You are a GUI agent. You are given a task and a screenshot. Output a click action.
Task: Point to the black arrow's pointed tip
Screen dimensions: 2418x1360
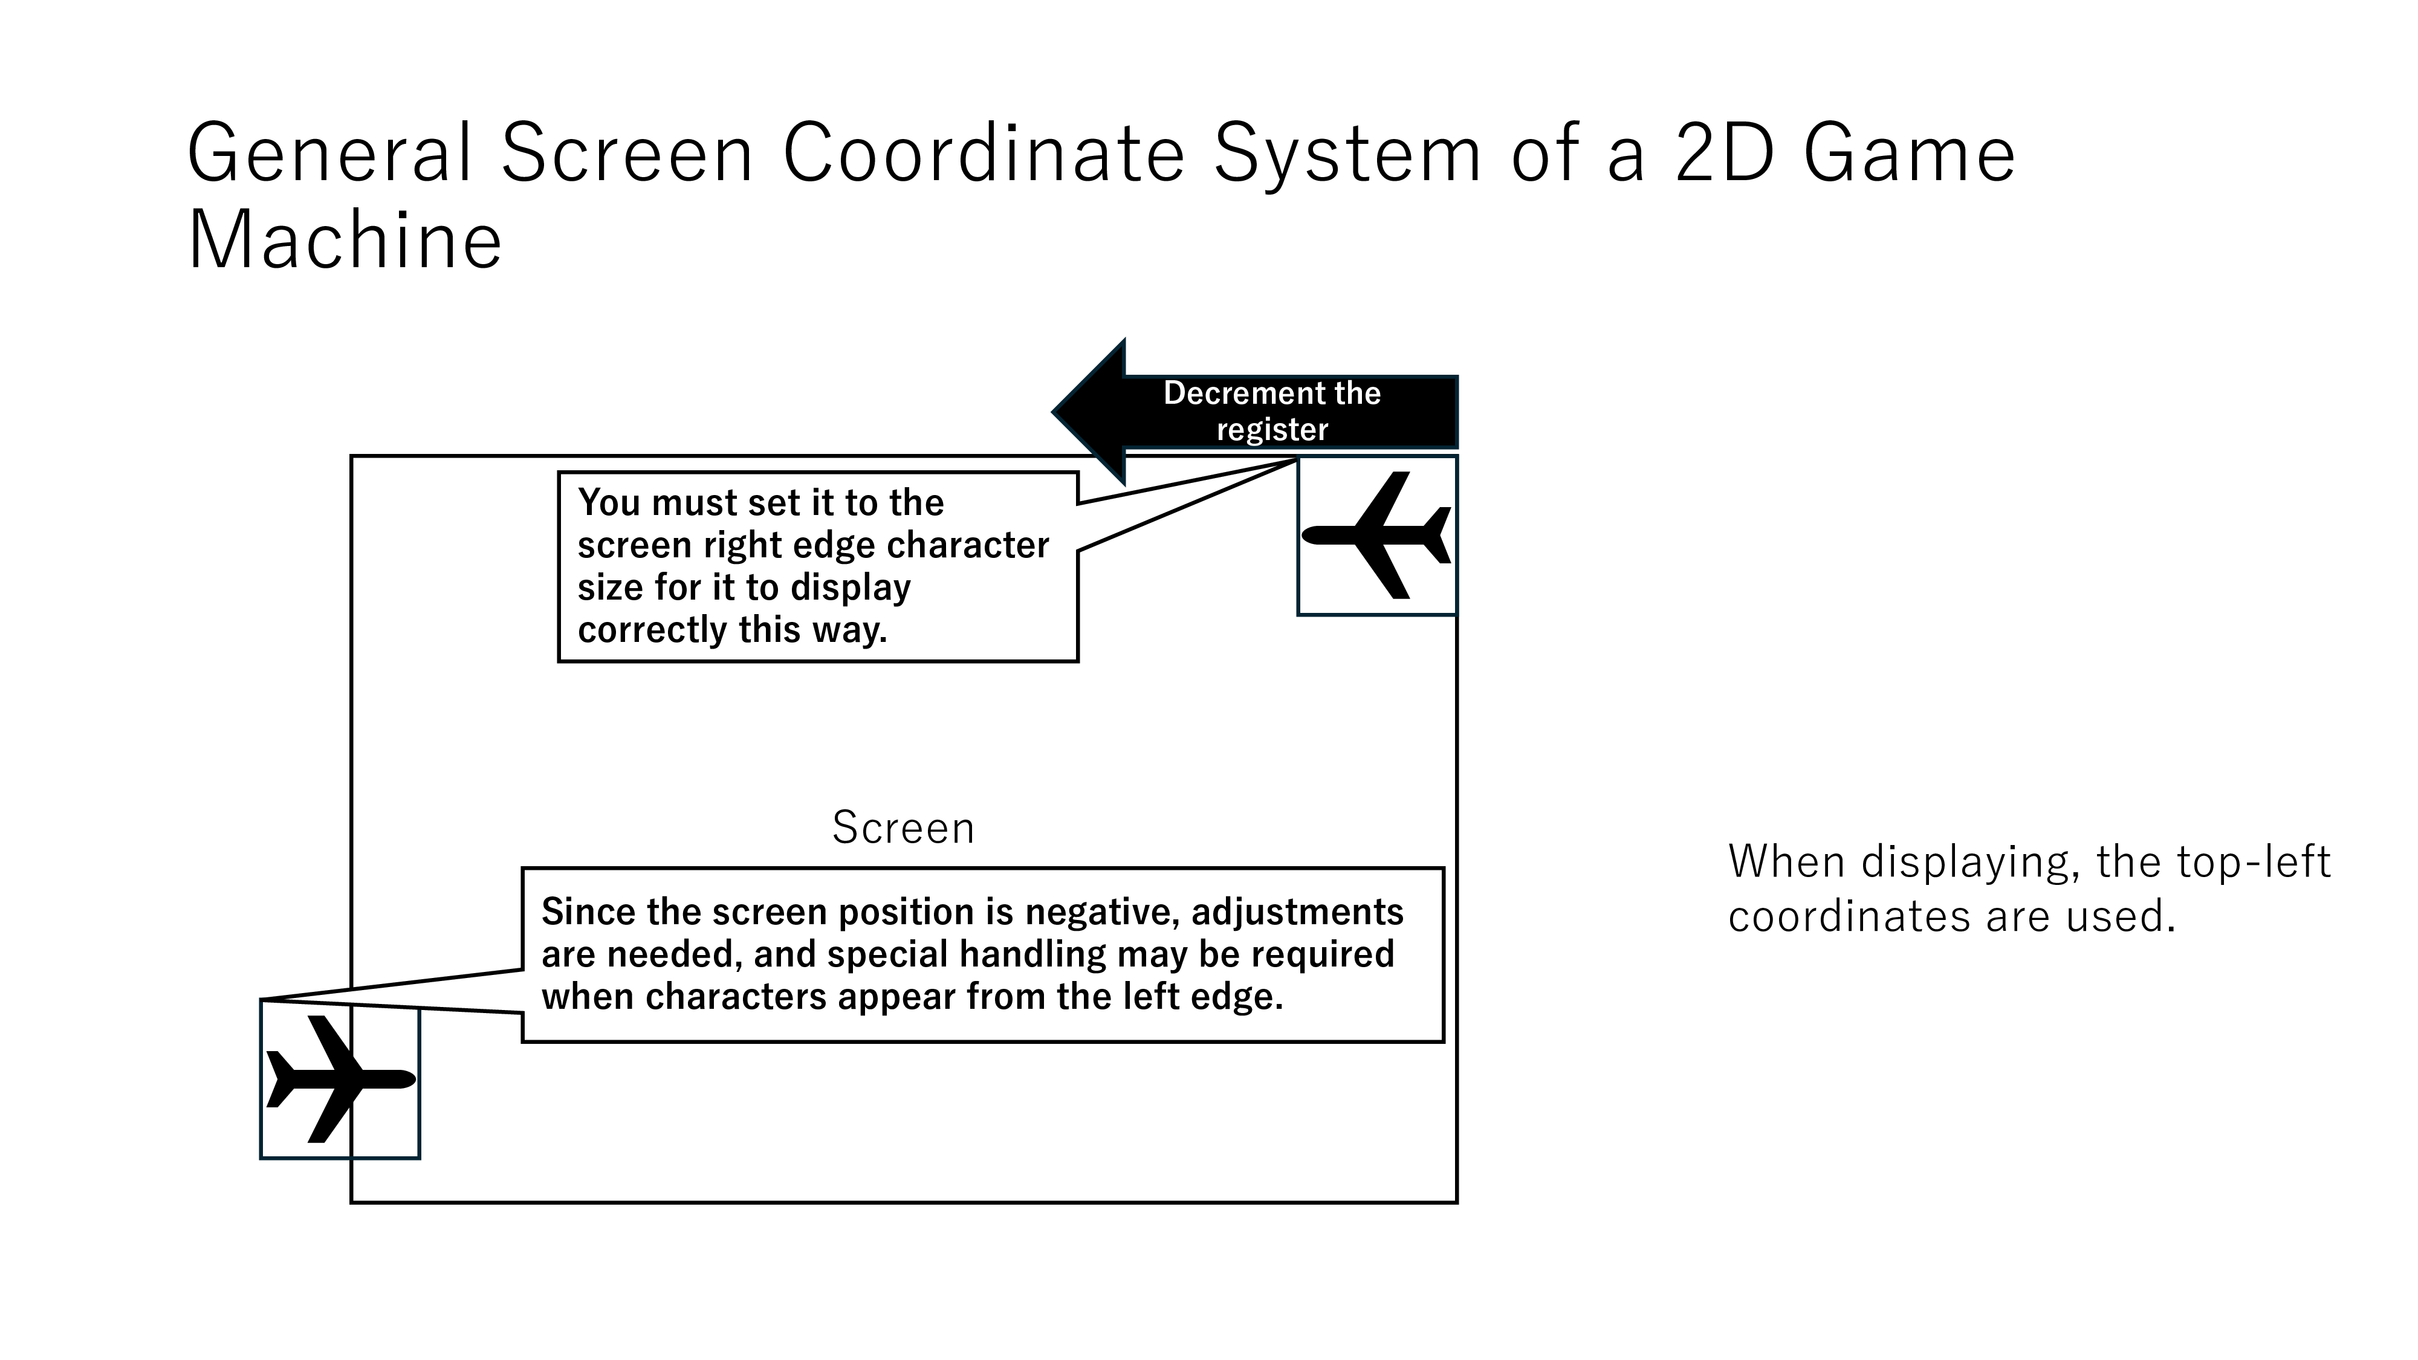point(1053,411)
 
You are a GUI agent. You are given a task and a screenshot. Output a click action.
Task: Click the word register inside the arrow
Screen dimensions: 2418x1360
point(1272,429)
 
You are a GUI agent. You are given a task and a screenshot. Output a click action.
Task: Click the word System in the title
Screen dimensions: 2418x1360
point(1347,155)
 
